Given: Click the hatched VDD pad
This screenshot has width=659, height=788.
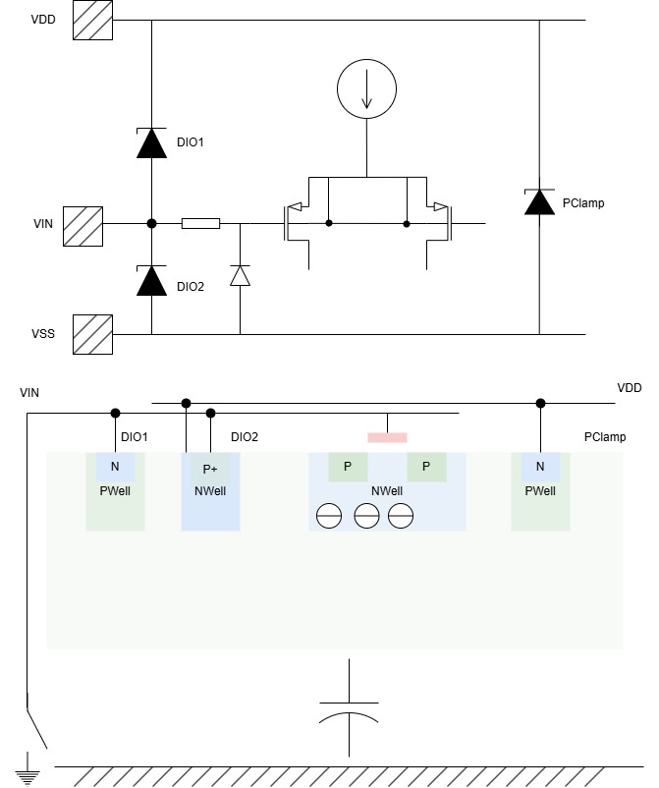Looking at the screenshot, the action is point(93,20).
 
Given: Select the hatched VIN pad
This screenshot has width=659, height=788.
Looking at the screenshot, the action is point(82,226).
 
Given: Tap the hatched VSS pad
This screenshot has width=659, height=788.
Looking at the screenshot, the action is point(93,335).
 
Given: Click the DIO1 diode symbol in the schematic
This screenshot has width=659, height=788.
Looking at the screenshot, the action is point(151,143).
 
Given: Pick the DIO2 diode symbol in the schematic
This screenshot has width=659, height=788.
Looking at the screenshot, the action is point(151,280).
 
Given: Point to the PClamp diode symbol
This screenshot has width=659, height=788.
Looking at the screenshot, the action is point(539,202).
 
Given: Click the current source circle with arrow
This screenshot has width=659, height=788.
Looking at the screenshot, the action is point(366,89).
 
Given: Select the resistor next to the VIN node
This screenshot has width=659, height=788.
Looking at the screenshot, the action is point(201,224).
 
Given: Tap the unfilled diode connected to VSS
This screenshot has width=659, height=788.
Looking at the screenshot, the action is point(240,276).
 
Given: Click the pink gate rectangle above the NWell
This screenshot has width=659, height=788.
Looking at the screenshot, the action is point(387,437).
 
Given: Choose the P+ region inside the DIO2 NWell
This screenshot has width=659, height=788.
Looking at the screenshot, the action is point(210,468).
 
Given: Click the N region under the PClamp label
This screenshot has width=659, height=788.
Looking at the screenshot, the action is point(540,467).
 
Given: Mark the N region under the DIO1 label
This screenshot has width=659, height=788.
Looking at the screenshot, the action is point(115,467).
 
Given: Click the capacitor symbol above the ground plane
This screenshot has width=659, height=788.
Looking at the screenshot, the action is point(349,708).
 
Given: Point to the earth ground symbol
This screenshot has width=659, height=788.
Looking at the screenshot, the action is point(27,768).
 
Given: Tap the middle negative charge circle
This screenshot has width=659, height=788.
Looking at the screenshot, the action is point(366,516).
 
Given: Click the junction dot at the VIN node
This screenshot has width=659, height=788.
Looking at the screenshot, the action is point(151,224).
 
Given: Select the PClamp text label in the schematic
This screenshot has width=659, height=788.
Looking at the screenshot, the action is point(583,203).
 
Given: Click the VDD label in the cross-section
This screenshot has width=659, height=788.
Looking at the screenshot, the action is point(630,388).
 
